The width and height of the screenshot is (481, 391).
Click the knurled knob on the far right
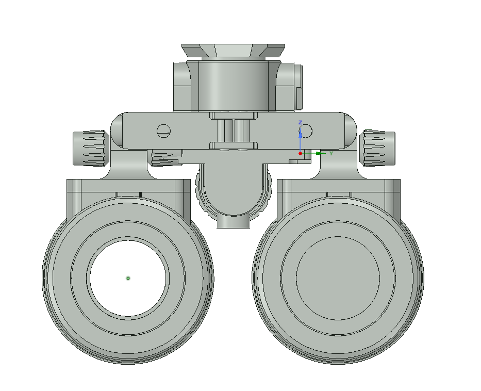pos(378,148)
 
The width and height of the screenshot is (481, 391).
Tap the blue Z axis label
pos(301,123)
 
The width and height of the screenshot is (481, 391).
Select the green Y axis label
pos(331,153)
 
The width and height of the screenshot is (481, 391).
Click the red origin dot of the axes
pos(301,153)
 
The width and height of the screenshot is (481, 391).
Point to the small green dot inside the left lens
pos(128,278)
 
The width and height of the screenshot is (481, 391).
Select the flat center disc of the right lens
pos(338,279)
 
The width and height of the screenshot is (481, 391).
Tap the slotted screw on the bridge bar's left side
pos(164,131)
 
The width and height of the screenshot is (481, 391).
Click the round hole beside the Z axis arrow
pos(307,132)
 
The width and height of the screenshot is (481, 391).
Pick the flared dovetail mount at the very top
pos(233,51)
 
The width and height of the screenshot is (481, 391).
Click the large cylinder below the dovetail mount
pos(233,85)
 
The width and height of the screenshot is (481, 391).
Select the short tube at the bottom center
pos(233,222)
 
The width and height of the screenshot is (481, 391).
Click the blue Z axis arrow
pos(301,138)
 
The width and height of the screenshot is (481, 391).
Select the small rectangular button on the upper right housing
pos(298,99)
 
